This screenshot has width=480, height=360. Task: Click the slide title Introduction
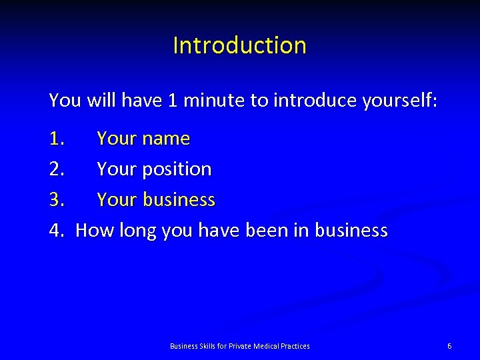[x=239, y=45]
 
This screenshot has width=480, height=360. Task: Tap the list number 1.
[x=57, y=139]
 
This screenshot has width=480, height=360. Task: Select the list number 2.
[x=57, y=169]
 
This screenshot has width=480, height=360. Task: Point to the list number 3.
[x=57, y=200]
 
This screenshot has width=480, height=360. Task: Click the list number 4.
[x=57, y=231]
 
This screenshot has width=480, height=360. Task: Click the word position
[x=176, y=170]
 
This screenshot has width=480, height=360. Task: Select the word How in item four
[x=95, y=231]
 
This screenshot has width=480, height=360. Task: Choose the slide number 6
[x=449, y=346]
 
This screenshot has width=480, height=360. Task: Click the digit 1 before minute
[x=173, y=101]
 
